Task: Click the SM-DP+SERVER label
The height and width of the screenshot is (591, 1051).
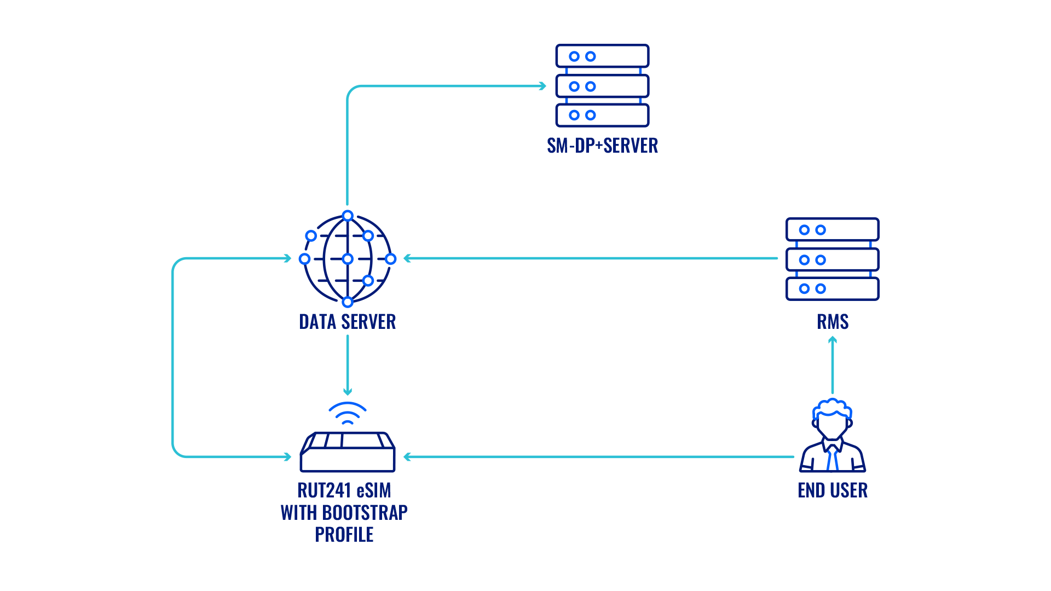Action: [602, 146]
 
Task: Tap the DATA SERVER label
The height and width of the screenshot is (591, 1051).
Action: [347, 322]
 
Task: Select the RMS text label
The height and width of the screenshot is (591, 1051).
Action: [833, 322]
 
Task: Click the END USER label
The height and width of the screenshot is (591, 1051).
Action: [833, 490]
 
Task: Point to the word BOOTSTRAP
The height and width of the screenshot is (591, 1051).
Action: [365, 513]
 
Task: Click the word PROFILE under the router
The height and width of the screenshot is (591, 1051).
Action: [344, 535]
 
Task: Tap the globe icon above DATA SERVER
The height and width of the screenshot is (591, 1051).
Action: [347, 258]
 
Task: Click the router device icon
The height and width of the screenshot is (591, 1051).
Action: [347, 453]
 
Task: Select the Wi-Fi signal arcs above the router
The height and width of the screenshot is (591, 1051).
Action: [347, 413]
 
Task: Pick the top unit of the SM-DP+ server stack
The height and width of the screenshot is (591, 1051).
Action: [602, 56]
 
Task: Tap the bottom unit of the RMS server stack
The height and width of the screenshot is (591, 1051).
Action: [832, 289]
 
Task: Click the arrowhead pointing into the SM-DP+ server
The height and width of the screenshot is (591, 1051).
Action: [542, 86]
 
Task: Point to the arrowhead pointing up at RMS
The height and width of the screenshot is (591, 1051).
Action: [833, 340]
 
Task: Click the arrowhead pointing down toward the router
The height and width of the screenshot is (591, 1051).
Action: [347, 391]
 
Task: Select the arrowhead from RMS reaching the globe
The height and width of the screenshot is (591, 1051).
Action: [407, 258]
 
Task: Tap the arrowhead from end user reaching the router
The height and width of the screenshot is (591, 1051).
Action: [407, 456]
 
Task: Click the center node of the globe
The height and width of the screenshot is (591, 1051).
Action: [347, 258]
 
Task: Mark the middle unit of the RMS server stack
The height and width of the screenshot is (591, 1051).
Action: [832, 259]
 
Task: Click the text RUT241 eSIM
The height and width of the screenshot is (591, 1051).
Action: [344, 490]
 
